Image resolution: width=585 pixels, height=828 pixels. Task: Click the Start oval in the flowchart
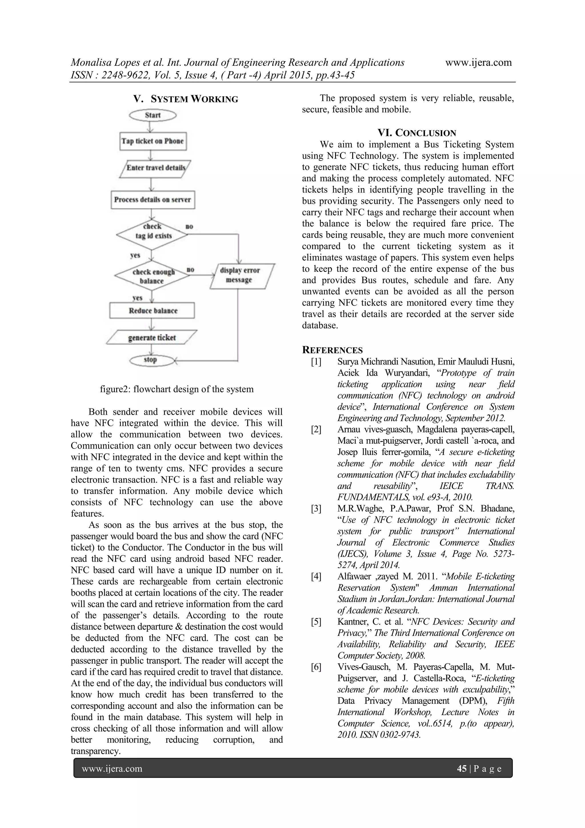pos(153,115)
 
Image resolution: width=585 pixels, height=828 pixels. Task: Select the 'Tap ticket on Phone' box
pos(153,141)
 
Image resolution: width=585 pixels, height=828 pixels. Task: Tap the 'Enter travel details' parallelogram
pos(155,168)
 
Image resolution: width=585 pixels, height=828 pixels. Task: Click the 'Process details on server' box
pos(153,200)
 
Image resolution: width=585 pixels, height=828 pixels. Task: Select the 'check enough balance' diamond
pos(152,276)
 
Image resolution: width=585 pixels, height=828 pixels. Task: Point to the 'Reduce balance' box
pos(152,310)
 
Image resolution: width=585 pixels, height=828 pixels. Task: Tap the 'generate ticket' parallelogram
pos(152,338)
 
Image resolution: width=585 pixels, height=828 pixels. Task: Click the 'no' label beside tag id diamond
pos(189,226)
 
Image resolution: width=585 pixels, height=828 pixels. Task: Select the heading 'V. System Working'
pos(186,99)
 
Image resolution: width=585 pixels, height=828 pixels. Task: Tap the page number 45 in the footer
pos(461,769)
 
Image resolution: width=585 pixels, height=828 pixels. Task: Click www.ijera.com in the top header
pos(478,62)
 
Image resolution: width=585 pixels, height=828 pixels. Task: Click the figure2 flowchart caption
pos(177,389)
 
